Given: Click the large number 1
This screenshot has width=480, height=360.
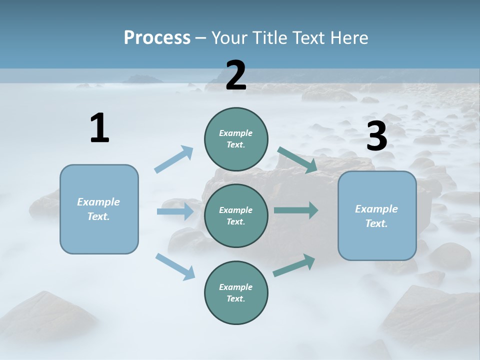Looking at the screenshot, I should pyautogui.click(x=99, y=128).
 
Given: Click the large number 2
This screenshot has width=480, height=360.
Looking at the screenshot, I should pyautogui.click(x=236, y=75).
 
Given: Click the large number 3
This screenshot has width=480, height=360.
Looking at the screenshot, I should pyautogui.click(x=376, y=136).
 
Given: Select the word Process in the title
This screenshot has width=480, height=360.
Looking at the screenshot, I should pyautogui.click(x=157, y=37).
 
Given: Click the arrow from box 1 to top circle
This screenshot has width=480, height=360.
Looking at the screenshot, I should pyautogui.click(x=174, y=159).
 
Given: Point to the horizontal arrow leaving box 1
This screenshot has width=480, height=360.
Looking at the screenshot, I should pyautogui.click(x=175, y=211).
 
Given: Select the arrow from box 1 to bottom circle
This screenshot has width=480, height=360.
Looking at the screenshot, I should pyautogui.click(x=175, y=266).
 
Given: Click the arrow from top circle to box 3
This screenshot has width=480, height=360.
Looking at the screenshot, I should pyautogui.click(x=297, y=159).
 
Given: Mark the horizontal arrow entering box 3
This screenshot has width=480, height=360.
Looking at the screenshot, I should pyautogui.click(x=296, y=210).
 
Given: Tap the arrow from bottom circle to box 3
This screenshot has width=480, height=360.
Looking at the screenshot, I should pyautogui.click(x=294, y=265).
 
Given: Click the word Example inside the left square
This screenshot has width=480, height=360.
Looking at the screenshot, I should pyautogui.click(x=98, y=202).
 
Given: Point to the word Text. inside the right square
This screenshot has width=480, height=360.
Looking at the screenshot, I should pyautogui.click(x=376, y=223).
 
